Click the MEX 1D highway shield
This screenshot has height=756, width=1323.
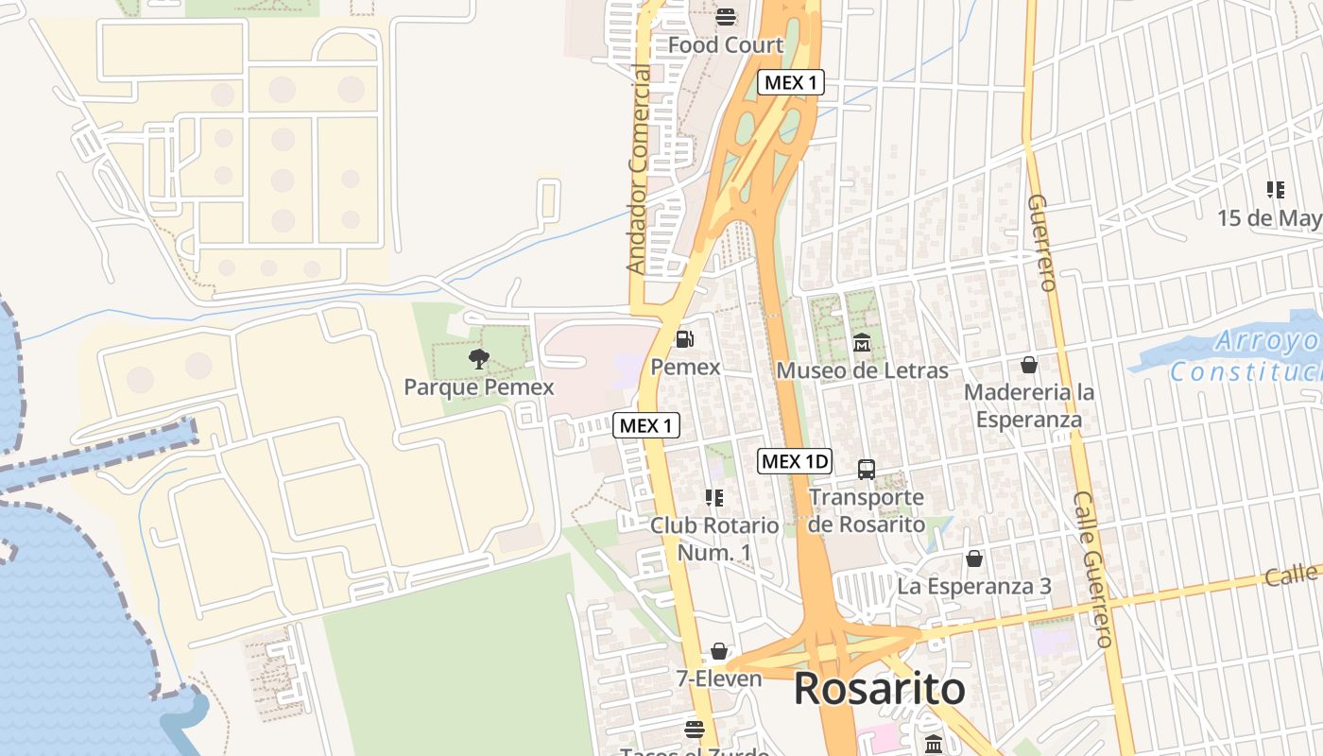pyautogui.click(x=795, y=461)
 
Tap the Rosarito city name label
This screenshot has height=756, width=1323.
pyautogui.click(x=879, y=689)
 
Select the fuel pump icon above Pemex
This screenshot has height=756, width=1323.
pyautogui.click(x=685, y=338)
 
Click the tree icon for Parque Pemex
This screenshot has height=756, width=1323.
pyautogui.click(x=479, y=358)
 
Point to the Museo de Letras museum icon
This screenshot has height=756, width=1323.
pyautogui.click(x=862, y=341)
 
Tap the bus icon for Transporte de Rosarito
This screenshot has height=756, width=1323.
pyautogui.click(x=866, y=469)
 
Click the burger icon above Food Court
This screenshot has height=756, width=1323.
pyautogui.click(x=726, y=16)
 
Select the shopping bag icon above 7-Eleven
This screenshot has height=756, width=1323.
pyautogui.click(x=719, y=651)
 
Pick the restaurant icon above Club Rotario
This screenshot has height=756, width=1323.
pyautogui.click(x=714, y=497)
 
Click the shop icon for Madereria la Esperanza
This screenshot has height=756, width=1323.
pyautogui.click(x=1029, y=364)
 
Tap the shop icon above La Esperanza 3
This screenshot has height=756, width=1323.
pyautogui.click(x=974, y=558)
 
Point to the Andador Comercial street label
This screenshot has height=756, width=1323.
pyautogui.click(x=640, y=170)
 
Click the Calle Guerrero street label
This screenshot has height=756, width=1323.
pyautogui.click(x=1093, y=570)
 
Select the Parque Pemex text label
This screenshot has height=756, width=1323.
pyautogui.click(x=479, y=387)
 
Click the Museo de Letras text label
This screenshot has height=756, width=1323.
pyautogui.click(x=862, y=370)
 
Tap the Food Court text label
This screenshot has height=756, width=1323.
pyautogui.click(x=726, y=44)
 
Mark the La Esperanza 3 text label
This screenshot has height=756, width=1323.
pyautogui.click(x=974, y=586)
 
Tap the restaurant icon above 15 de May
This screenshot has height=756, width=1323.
pyautogui.click(x=1276, y=190)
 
